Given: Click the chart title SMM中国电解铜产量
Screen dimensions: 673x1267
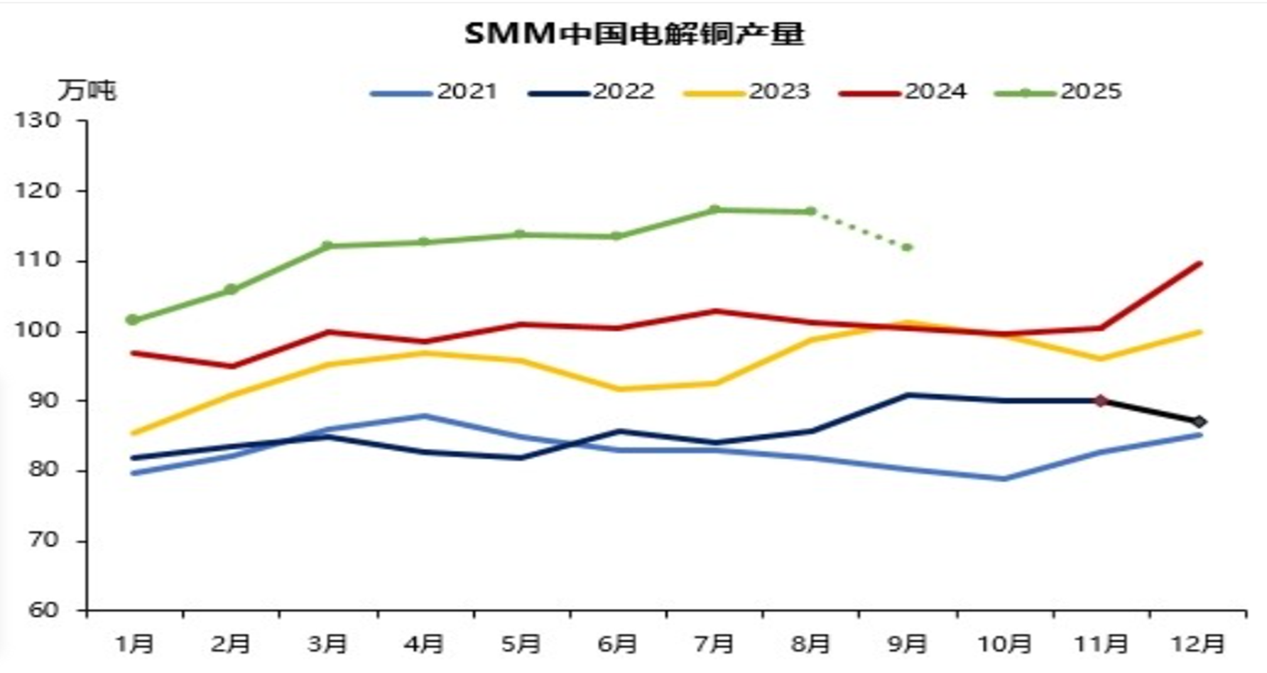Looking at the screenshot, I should [633, 33].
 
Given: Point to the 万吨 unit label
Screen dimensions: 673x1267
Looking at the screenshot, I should [87, 91].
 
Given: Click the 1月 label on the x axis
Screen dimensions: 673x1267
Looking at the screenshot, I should [134, 644].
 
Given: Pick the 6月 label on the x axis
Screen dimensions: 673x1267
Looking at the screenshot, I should [617, 644].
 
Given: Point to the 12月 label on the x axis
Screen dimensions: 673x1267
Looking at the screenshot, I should [1200, 644].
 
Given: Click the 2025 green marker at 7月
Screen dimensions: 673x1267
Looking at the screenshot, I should [714, 210].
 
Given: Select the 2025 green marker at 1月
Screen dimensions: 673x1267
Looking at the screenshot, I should [133, 320].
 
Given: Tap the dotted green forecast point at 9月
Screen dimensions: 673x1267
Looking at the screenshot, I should [907, 247].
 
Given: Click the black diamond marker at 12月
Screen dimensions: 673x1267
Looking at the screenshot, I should [1200, 421].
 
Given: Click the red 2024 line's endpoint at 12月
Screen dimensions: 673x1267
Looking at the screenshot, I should [1200, 264].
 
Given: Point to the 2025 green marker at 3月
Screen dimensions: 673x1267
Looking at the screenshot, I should [327, 246].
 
